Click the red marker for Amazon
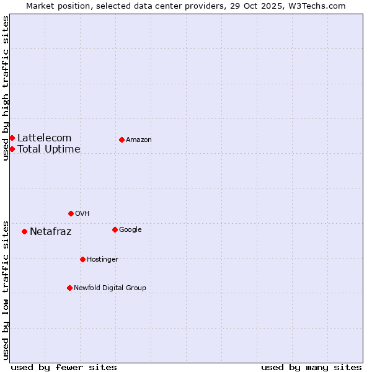pos(122,139)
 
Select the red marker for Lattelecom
pos(12,138)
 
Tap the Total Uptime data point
pos(12,149)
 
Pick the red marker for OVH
pos(71,213)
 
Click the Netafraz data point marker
pos(24,231)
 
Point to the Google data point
pos(115,229)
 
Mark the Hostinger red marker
pos(82,259)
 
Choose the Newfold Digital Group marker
pos(69,288)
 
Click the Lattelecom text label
pos(44,138)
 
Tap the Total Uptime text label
pos(48,149)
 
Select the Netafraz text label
pos(50,232)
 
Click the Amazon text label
pos(138,139)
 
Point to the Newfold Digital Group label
pos(110,288)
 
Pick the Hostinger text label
pos(102,259)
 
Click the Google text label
pos(130,229)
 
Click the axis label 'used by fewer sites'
pos(64,367)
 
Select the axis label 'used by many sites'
pos(311,367)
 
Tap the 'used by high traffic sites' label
pos(6,88)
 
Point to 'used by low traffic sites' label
pos(6,290)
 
